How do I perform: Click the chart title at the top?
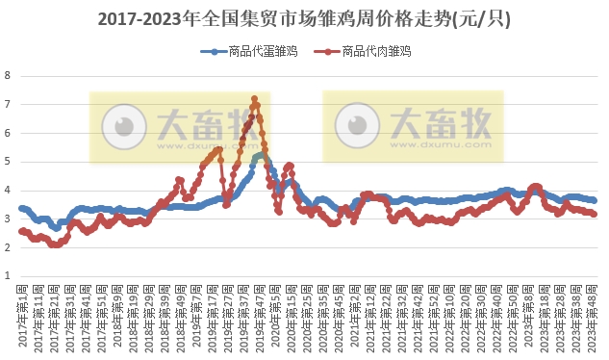click(x=305, y=18)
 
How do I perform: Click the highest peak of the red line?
click(x=254, y=98)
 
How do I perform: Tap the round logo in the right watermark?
click(x=355, y=126)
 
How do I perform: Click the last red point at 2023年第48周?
click(x=594, y=215)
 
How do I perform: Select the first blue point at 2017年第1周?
click(x=21, y=208)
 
